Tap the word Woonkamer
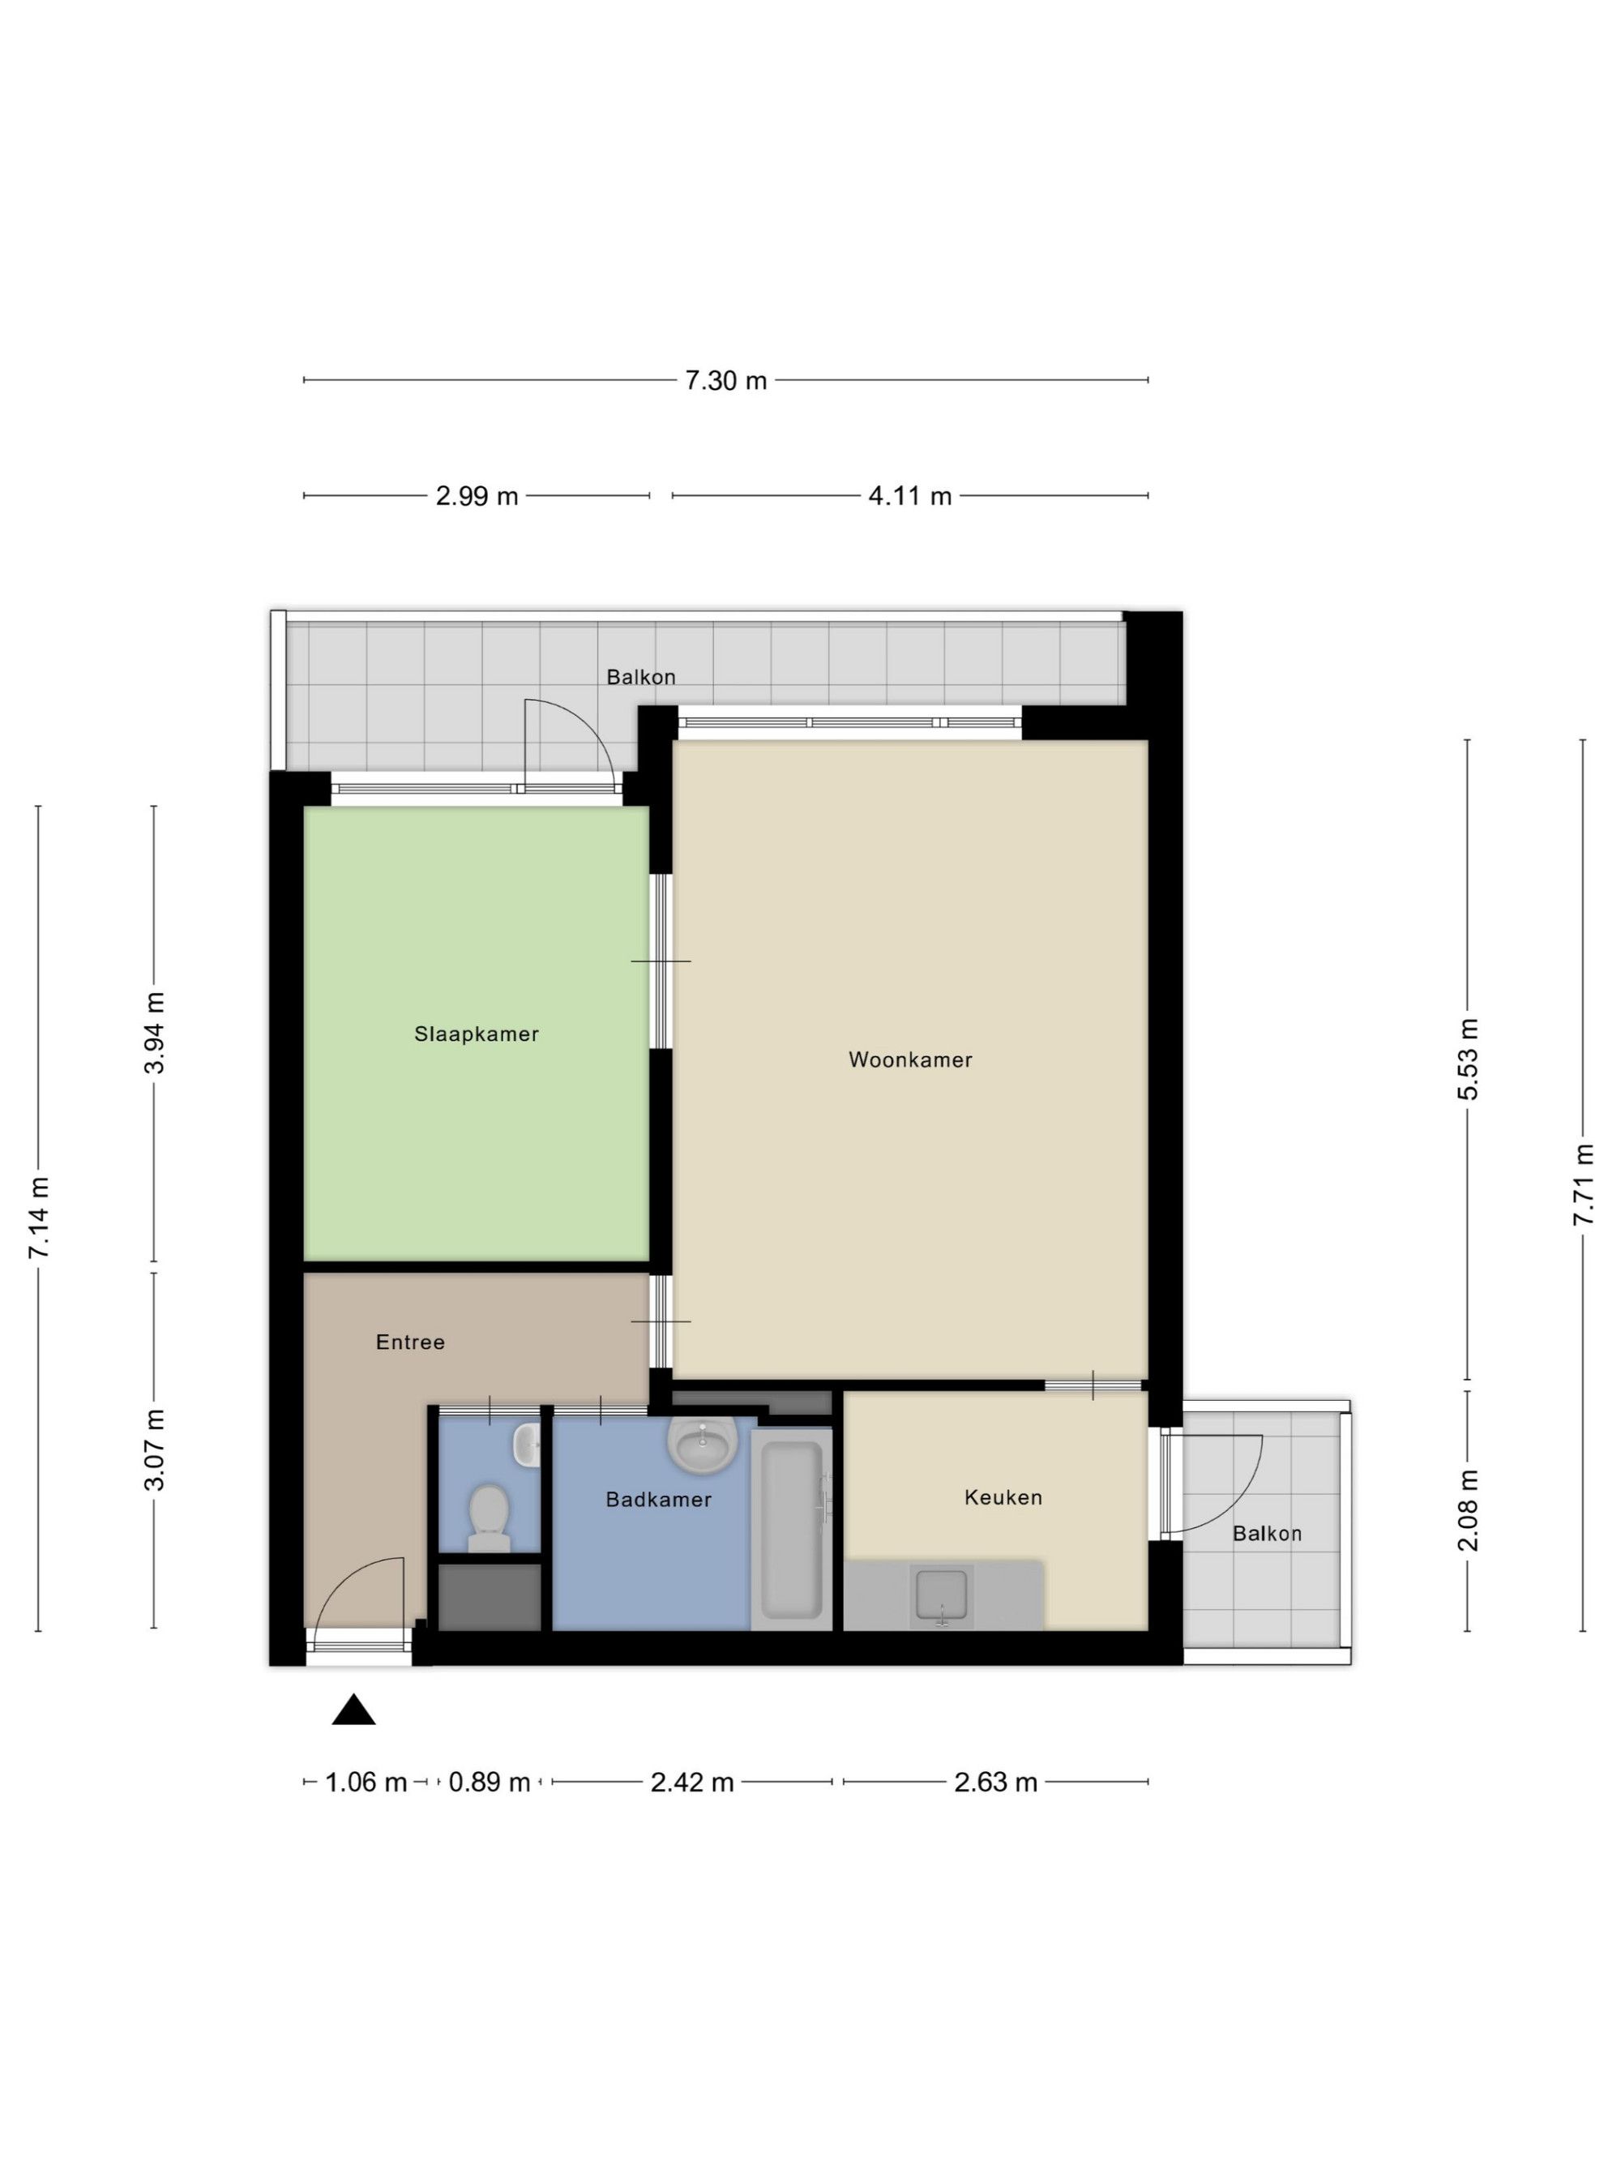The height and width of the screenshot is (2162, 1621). [909, 1059]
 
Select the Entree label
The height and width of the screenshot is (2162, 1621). [410, 1342]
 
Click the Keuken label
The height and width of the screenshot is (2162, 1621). [1003, 1496]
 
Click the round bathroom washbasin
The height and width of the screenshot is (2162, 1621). [702, 1445]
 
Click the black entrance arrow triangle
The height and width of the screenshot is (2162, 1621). [353, 1710]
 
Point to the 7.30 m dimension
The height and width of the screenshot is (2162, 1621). [725, 380]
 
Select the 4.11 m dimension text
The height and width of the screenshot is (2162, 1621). [909, 495]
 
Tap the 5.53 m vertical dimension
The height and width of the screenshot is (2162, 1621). [1468, 1059]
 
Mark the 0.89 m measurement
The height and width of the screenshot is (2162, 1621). [489, 1782]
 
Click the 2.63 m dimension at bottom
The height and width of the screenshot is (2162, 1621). [994, 1782]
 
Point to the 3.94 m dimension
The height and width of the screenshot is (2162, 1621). [154, 1032]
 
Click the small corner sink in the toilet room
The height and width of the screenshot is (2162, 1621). [528, 1445]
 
